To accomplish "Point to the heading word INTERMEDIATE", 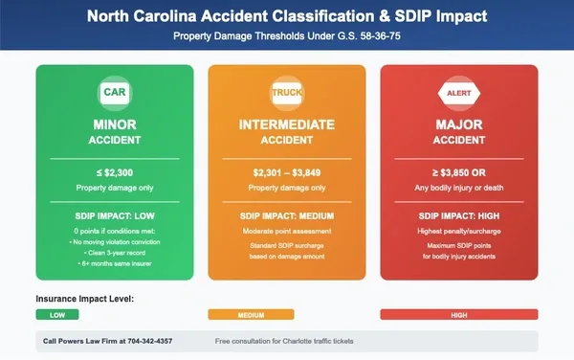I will pos(287,124).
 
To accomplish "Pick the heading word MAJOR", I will pos(458,124).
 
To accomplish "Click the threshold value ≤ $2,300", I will pos(115,171).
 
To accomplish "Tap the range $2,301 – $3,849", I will pos(287,171).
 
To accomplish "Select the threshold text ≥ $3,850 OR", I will pos(458,171).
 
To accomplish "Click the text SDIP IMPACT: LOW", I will pos(115,216).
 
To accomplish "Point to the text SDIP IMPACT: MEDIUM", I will pos(287,216).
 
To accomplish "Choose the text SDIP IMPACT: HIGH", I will pos(458,216).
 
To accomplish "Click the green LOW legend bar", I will pos(57,315).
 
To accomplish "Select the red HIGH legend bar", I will pos(458,315).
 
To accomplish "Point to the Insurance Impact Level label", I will pos(85,299).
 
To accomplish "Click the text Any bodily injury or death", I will pos(458,187).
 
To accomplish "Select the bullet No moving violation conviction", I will pos(117,243).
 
